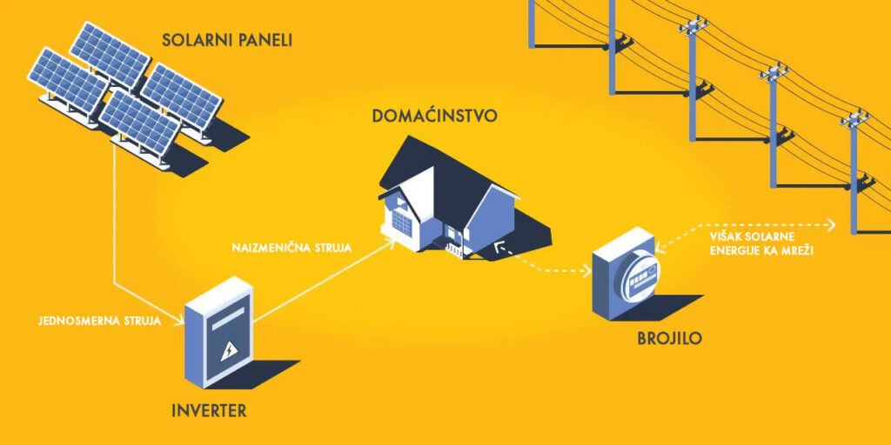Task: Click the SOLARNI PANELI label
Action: point(227,40)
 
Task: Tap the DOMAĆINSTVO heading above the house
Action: point(435,116)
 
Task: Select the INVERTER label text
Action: point(209,410)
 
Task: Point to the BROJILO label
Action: point(669,338)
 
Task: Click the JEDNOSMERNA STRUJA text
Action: point(99,321)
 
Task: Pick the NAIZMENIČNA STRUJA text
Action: point(292,248)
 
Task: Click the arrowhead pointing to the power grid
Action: point(832,225)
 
